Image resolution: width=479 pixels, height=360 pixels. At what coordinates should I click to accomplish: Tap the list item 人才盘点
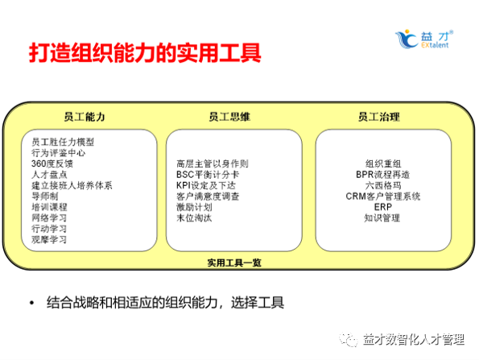49,174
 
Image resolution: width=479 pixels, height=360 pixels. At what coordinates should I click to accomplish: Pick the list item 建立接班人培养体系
72,185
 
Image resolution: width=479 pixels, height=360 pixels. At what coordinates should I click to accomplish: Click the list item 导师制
45,196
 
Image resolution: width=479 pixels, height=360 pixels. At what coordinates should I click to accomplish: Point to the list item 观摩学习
49,239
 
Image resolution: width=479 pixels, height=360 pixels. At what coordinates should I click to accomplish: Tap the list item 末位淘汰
193,217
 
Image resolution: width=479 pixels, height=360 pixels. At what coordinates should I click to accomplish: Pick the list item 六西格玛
382,184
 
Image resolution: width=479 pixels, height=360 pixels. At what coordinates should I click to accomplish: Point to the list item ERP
382,206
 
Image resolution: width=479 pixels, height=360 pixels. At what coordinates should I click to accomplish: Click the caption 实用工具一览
233,261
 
